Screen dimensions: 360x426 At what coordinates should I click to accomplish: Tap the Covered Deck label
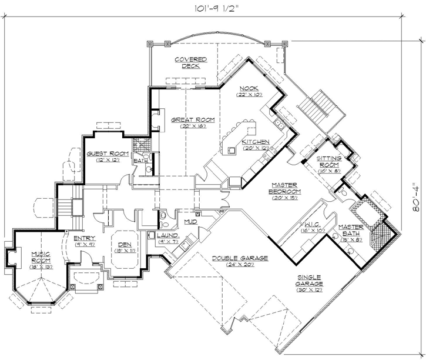190,62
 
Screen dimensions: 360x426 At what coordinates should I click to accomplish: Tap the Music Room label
41,258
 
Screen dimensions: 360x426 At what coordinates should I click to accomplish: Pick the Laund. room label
167,238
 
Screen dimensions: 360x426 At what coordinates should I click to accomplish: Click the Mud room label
190,222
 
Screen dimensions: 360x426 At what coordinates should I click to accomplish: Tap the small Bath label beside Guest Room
140,161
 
